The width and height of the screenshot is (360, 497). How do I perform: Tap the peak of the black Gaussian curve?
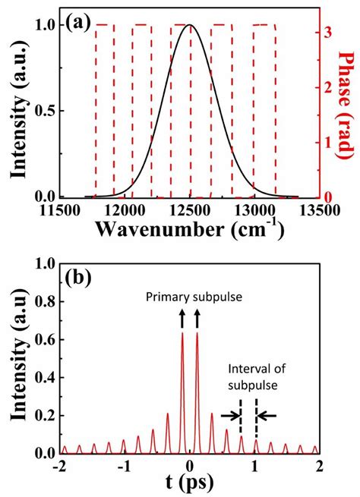190,26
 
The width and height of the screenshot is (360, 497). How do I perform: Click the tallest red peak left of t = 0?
182,334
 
